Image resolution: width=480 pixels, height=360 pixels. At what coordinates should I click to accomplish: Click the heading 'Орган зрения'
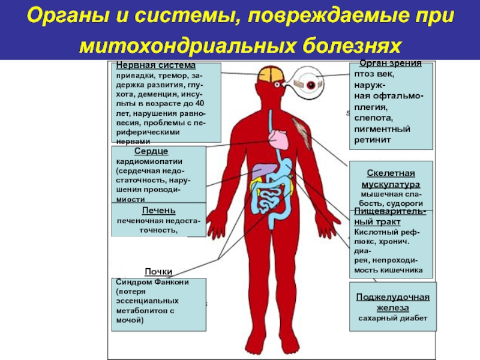coord(391,63)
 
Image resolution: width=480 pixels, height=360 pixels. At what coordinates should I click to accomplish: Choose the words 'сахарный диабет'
coord(393,317)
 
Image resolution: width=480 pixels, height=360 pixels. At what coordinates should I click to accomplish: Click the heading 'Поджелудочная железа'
coord(392,302)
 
